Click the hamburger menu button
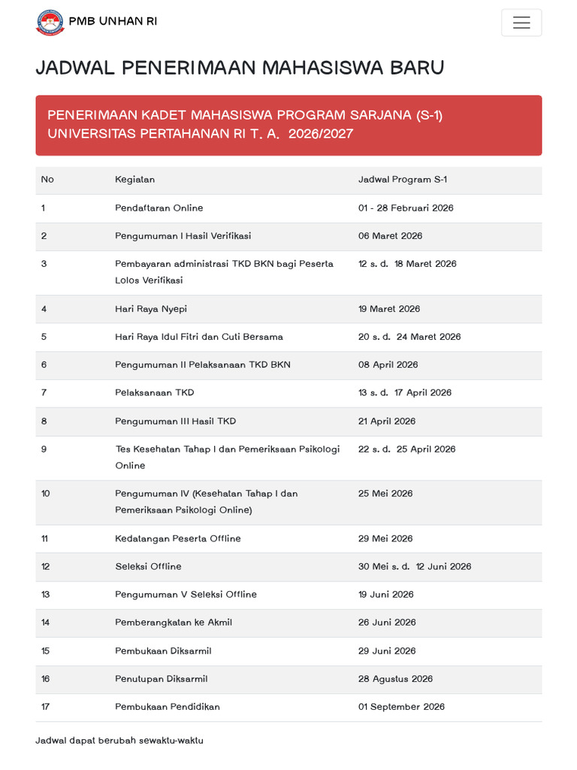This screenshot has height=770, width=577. click(x=521, y=23)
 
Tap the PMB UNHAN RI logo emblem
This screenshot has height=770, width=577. click(x=50, y=22)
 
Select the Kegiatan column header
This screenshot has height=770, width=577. click(x=134, y=180)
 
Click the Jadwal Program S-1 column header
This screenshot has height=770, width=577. click(x=403, y=180)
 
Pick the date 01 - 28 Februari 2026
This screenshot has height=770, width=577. click(x=406, y=208)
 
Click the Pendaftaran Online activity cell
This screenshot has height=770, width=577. click(x=159, y=208)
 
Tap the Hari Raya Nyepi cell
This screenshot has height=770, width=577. click(x=151, y=309)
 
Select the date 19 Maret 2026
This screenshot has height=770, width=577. click(x=389, y=309)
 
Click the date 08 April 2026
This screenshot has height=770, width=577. click(x=388, y=365)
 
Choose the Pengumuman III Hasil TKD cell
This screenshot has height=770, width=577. click(x=175, y=421)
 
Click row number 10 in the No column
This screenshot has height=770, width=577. click(x=46, y=494)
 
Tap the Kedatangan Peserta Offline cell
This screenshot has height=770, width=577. click(x=177, y=538)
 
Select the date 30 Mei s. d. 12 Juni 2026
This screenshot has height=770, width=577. click(x=415, y=566)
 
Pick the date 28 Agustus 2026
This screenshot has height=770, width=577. click(x=395, y=679)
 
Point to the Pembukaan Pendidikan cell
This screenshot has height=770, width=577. click(x=168, y=707)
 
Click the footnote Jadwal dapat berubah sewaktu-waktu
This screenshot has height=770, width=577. click(x=119, y=741)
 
